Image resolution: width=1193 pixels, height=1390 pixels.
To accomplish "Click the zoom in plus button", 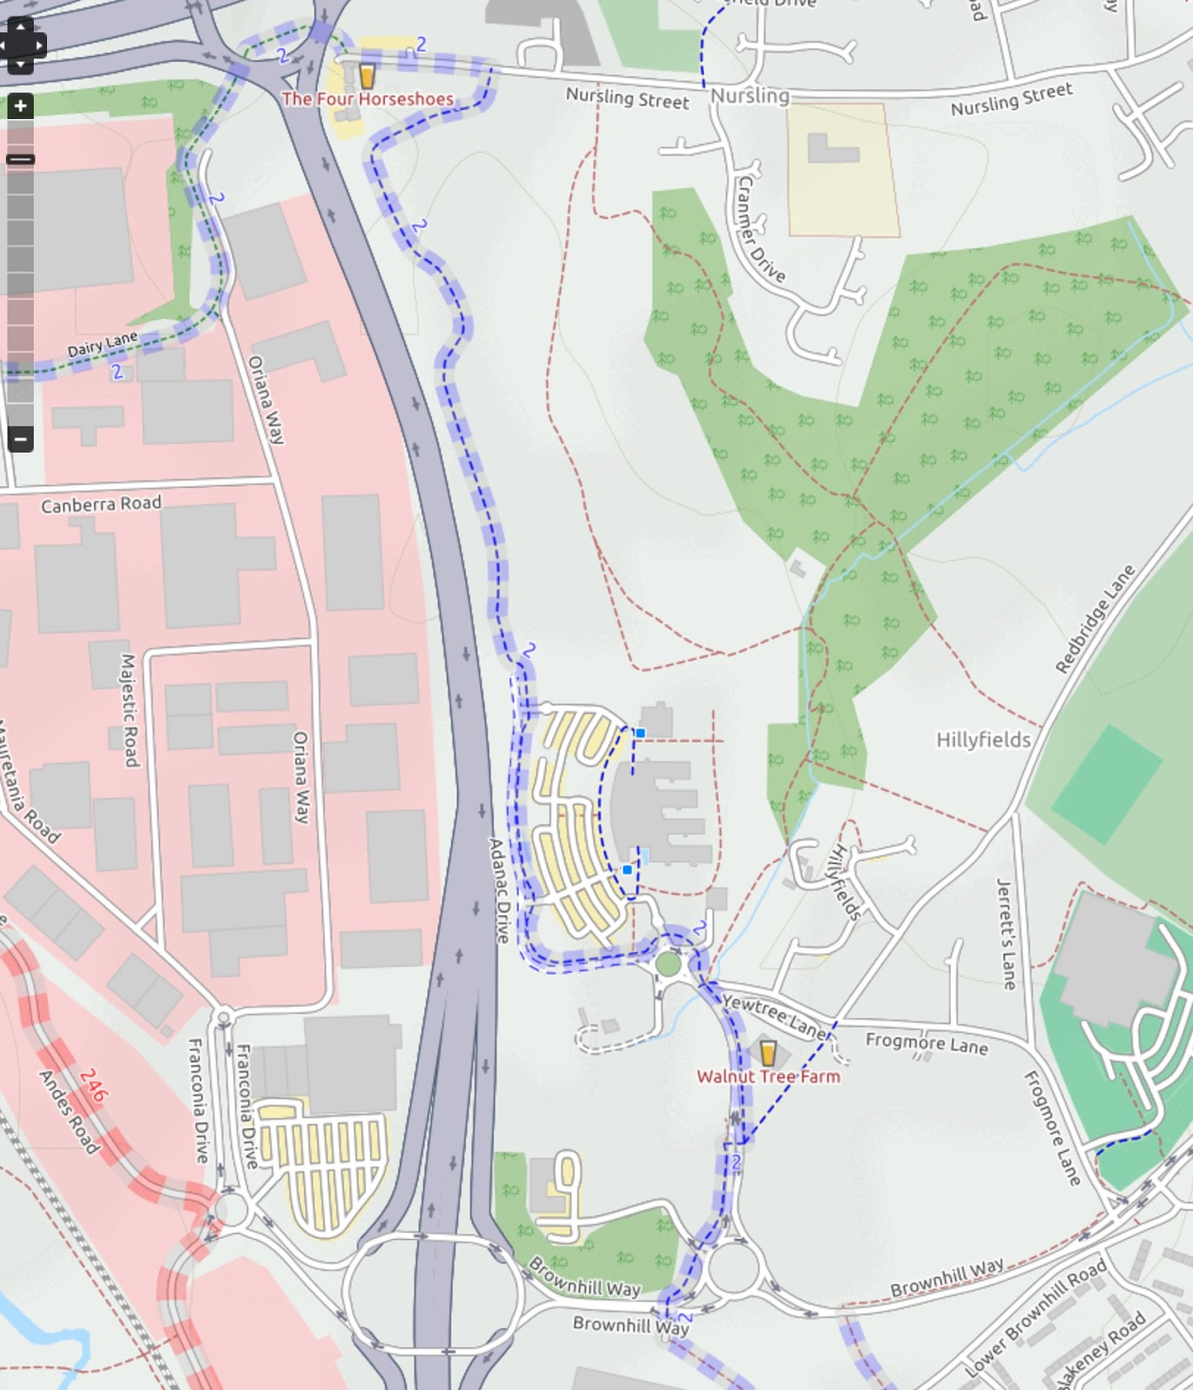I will (x=20, y=106).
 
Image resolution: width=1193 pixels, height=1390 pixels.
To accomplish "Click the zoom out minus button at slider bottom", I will (x=20, y=439).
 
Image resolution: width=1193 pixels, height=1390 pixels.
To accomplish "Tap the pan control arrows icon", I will (x=20, y=44).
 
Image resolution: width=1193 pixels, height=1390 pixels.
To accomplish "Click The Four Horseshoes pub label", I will (x=367, y=99).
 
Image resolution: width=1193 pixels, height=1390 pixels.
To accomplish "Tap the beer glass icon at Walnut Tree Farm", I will (x=767, y=1052).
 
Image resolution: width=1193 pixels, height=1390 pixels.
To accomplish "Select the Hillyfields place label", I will (x=983, y=739).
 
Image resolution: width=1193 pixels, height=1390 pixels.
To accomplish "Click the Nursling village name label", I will (x=750, y=96).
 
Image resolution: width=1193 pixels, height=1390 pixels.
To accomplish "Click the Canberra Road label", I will (x=101, y=504).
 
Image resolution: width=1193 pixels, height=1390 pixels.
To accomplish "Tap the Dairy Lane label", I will (x=103, y=343).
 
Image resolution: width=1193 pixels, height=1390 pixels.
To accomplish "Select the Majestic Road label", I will (x=129, y=710).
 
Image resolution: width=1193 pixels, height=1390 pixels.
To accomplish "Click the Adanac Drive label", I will (x=499, y=890).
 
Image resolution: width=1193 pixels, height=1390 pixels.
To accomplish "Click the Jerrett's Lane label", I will (x=1006, y=934).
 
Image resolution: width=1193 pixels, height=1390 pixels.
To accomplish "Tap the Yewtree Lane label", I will (x=776, y=1016).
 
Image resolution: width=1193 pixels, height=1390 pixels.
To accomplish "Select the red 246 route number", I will (x=93, y=1085).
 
